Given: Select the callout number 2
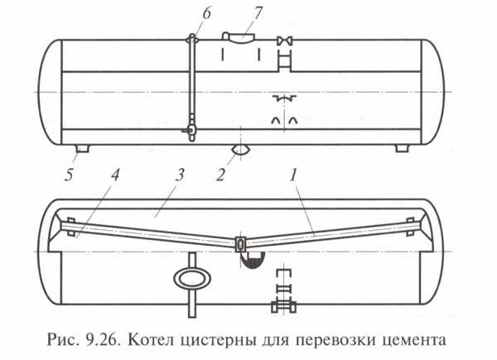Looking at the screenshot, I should (x=220, y=175).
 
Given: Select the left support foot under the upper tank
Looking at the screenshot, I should (x=81, y=148).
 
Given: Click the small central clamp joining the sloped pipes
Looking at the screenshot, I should (x=240, y=245).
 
